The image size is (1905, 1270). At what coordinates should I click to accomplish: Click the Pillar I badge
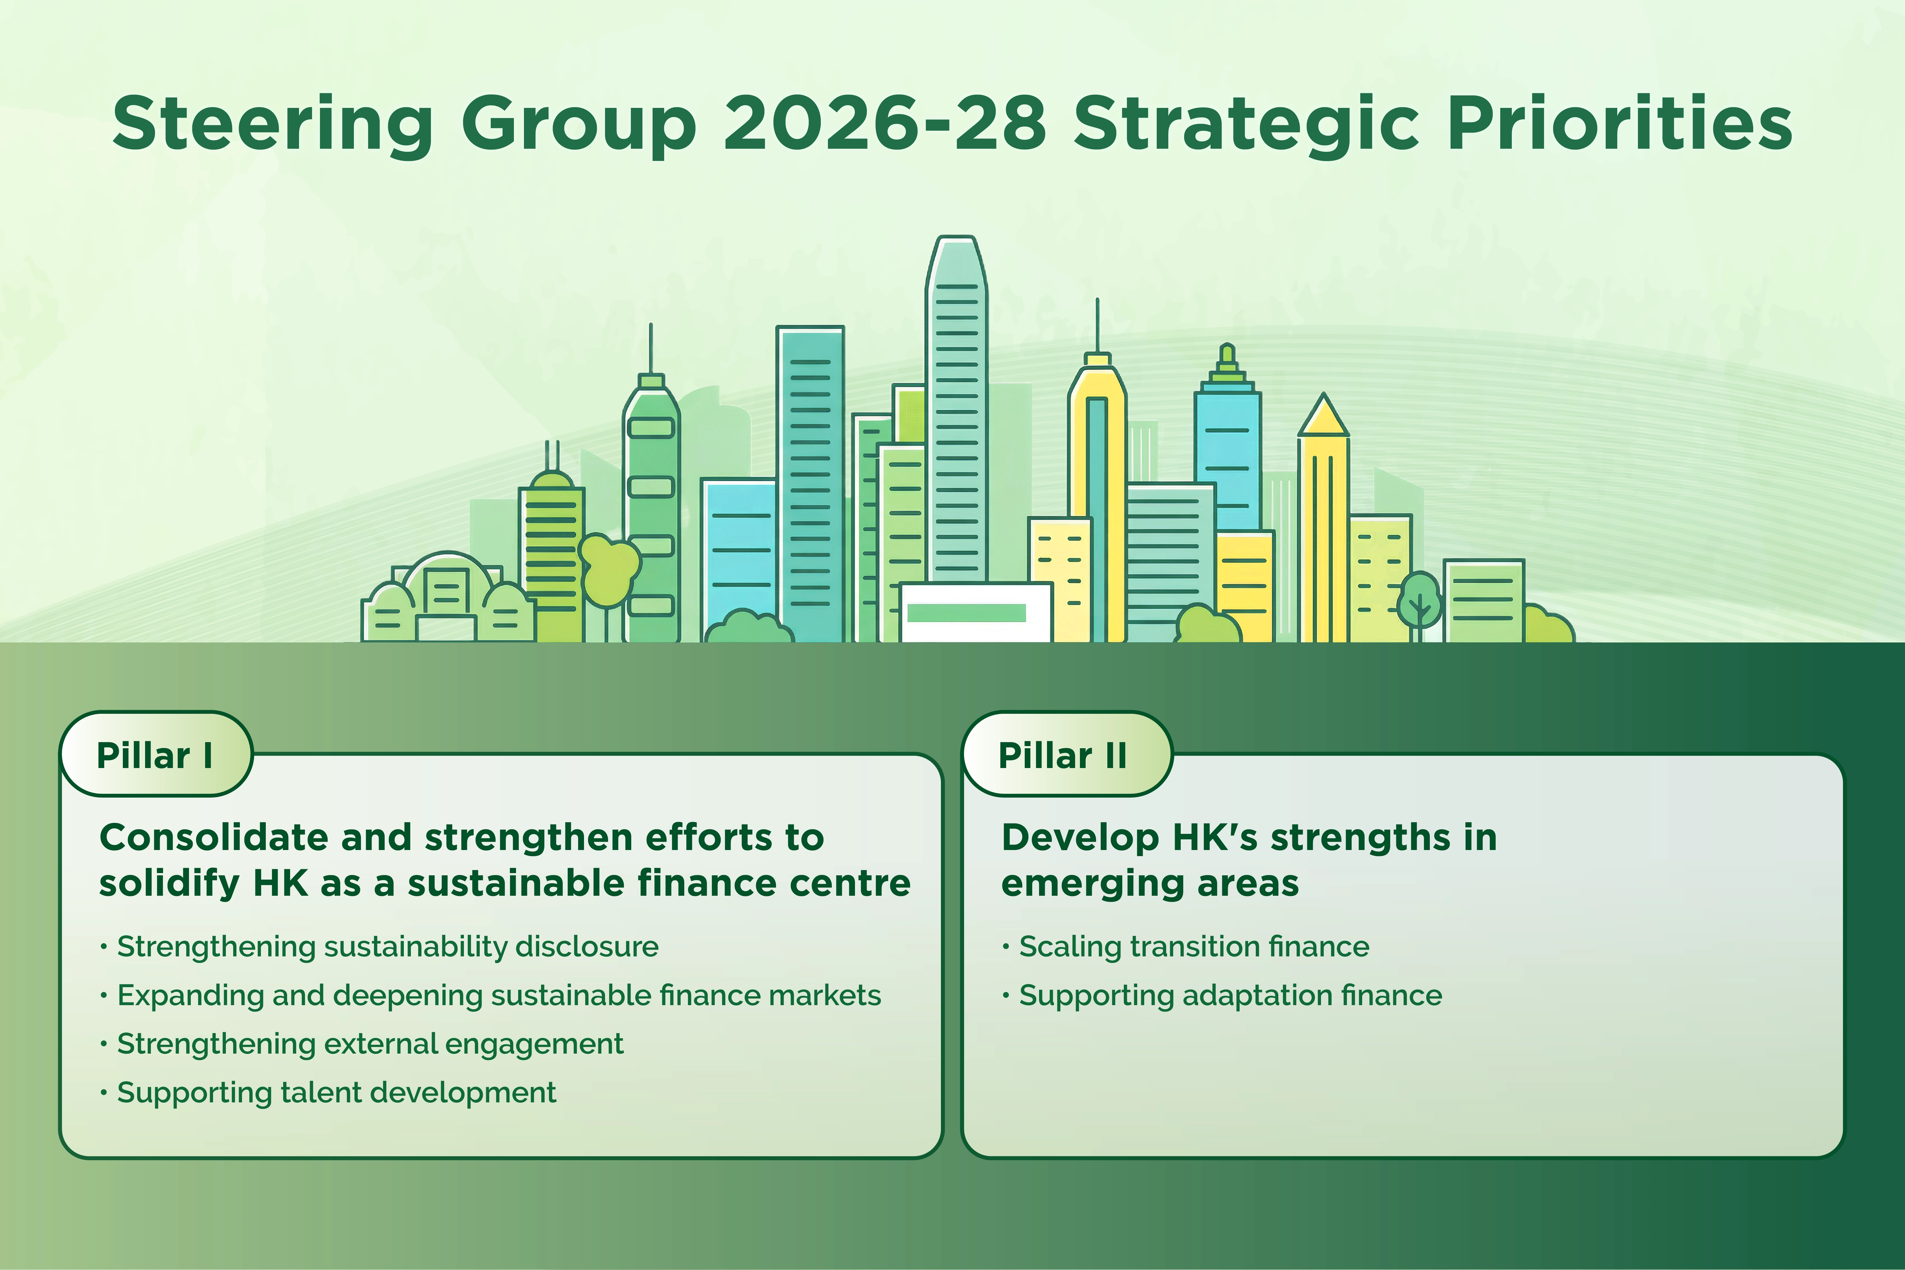(155, 755)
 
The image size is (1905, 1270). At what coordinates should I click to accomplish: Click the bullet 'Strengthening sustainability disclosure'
(387, 946)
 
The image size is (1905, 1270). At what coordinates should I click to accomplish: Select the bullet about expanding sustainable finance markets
(498, 994)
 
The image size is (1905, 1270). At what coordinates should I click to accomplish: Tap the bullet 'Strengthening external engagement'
(369, 1043)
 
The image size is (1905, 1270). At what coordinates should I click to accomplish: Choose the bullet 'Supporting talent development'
(336, 1092)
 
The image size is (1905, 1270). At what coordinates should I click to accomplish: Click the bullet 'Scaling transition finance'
(1193, 946)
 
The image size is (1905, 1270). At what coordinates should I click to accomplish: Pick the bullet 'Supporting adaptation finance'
(1230, 994)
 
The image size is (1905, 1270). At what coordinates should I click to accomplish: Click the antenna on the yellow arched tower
(1098, 324)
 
